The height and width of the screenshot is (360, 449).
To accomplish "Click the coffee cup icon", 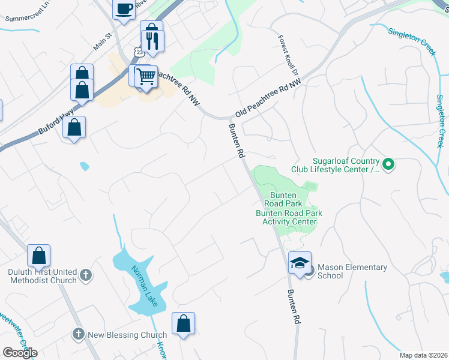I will pos(124,9).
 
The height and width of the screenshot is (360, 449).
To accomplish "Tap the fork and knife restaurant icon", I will pos(152,41).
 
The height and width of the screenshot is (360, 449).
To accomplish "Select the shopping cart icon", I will pos(146,77).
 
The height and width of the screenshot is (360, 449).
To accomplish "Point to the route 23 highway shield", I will pos(140,53).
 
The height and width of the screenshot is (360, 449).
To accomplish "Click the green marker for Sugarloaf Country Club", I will pos(388,163).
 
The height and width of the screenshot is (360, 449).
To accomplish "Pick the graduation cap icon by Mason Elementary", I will pos(300,263).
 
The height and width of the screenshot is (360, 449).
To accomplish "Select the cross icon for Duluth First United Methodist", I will pos(86,275).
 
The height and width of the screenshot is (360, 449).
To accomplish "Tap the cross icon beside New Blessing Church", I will pos(78,334).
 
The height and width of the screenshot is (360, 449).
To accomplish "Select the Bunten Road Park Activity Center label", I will pos(289,217).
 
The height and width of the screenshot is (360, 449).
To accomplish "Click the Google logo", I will pos(20,353).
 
